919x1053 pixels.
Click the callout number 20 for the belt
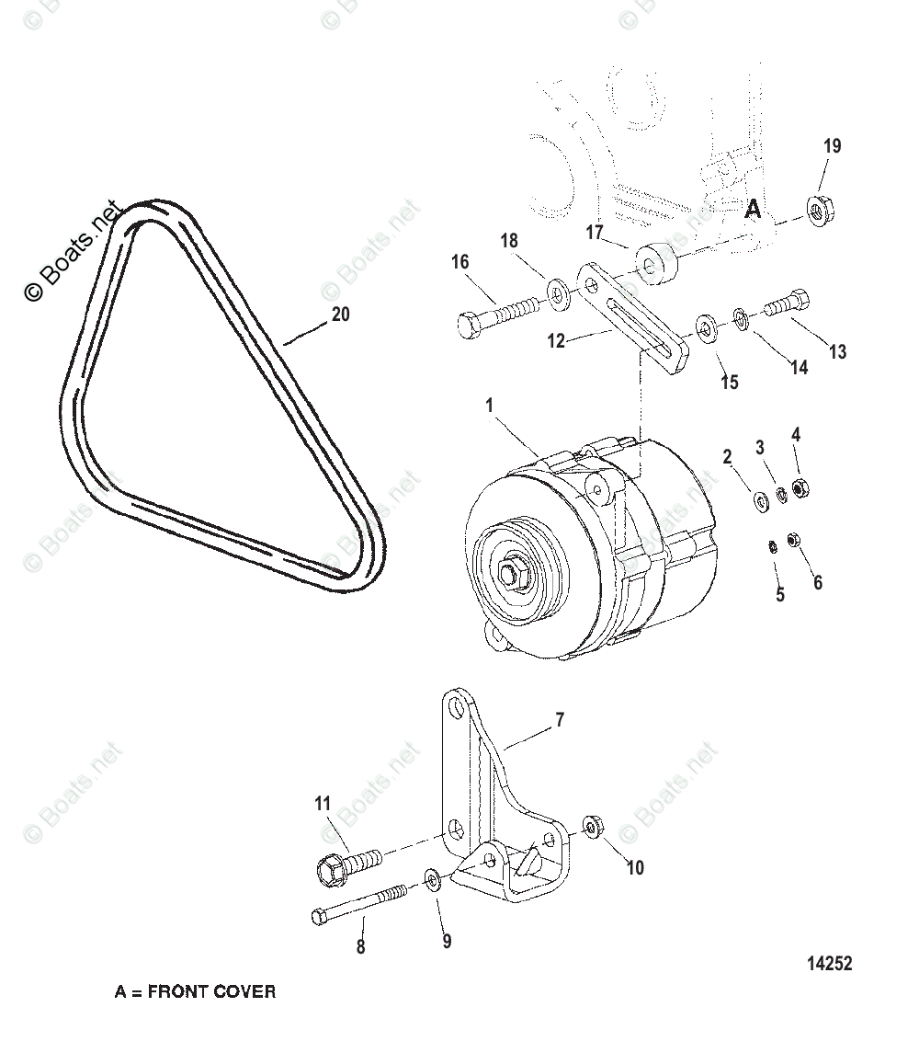tap(340, 315)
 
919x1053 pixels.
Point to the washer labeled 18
tap(557, 292)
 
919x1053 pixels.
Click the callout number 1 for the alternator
tap(490, 405)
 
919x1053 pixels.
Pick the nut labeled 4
tap(799, 488)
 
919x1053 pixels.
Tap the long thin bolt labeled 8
tap(358, 904)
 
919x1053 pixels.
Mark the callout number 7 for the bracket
tap(560, 720)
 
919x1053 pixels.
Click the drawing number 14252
tap(830, 964)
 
